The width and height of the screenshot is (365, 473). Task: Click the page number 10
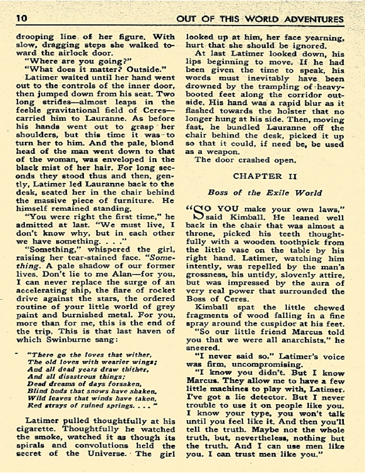[x=22, y=19]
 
